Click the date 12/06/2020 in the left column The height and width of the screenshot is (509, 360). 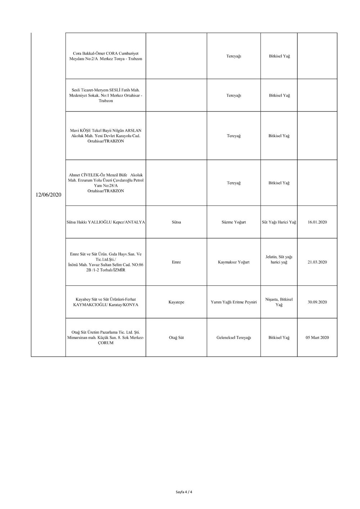pos(48,195)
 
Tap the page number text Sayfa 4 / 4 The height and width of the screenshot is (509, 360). pos(184,492)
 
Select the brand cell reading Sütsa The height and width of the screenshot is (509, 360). pos(176,222)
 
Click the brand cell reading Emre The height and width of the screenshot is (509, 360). pos(176,262)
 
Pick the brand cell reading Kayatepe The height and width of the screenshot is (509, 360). pos(176,302)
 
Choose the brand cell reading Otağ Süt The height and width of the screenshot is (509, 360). pos(176,338)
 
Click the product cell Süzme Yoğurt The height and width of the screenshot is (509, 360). pos(234,222)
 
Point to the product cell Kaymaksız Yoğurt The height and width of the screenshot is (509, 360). pos(234,262)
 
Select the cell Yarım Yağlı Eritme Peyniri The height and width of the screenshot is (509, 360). pos(234,302)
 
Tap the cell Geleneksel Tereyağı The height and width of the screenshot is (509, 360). pos(234,338)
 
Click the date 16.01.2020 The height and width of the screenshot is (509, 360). pos(317,222)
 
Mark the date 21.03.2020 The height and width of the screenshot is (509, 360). pos(317,262)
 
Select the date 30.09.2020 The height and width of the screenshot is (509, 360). pos(317,302)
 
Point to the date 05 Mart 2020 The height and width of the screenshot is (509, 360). pos(317,338)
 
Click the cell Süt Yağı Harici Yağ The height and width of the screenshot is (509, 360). pos(279,222)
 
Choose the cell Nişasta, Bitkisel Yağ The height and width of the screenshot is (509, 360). pos(279,302)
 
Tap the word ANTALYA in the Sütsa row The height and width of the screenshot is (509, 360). pos(134,222)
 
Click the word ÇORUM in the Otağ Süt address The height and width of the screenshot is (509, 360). pos(106,343)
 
